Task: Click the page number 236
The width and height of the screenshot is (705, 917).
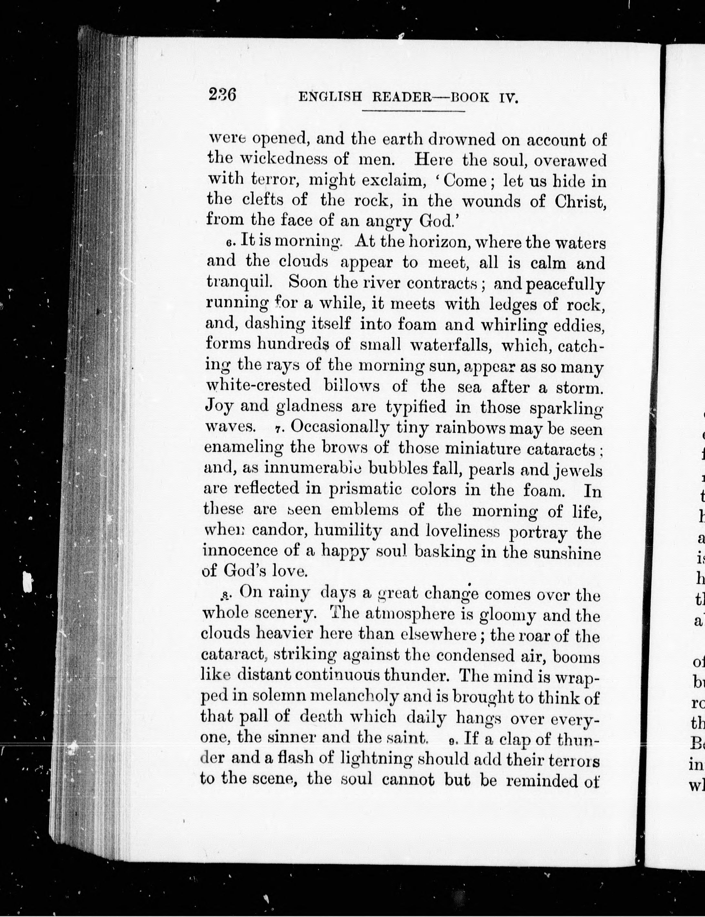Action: coord(222,94)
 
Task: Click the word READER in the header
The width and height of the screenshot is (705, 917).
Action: coord(402,98)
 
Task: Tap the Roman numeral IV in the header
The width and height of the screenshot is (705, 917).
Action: coord(509,98)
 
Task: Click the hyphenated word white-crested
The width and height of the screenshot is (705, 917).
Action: coord(259,385)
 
